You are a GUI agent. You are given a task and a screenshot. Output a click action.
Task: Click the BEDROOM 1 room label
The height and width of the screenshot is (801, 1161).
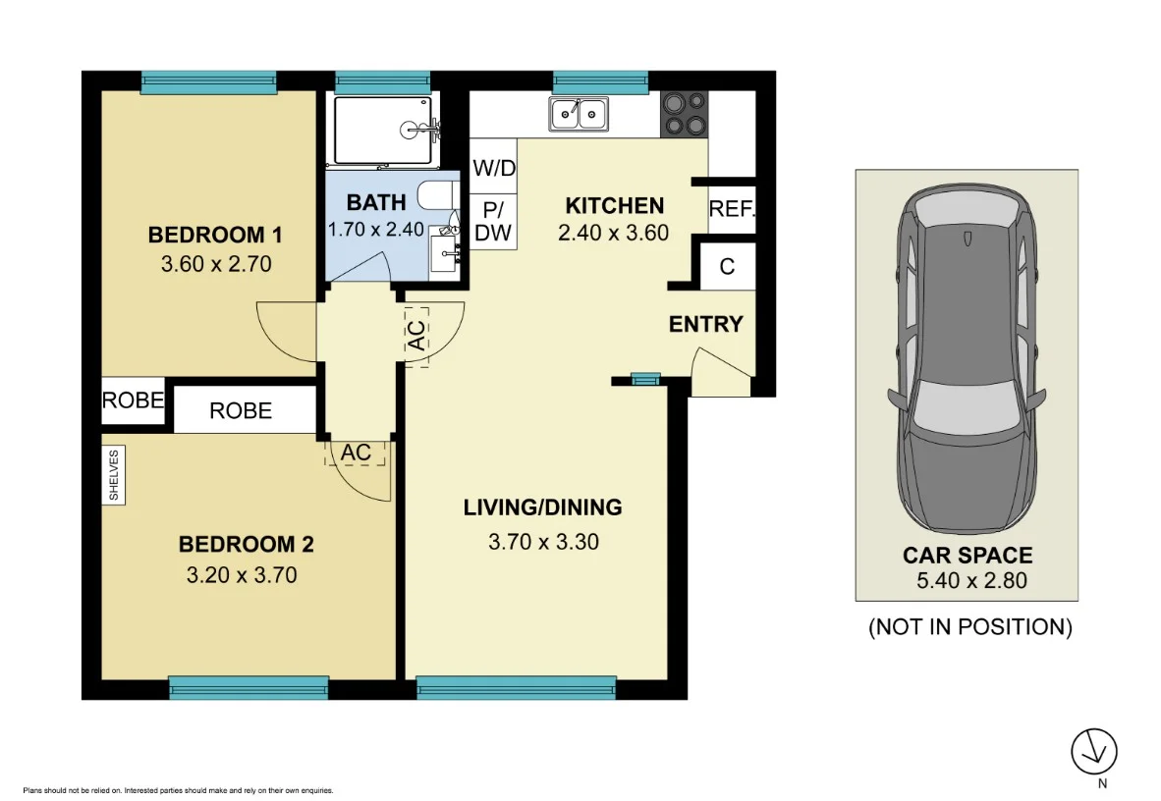[x=215, y=235]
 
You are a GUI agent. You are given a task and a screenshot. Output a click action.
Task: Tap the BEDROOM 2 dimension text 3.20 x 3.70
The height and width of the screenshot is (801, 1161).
[x=242, y=575]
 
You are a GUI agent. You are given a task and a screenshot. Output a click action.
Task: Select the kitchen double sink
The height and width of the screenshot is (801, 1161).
[x=579, y=114]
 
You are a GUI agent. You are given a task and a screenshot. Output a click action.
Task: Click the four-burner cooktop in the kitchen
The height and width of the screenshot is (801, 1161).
[x=685, y=114]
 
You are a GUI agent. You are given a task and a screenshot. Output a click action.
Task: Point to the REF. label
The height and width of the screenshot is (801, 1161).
[x=732, y=209]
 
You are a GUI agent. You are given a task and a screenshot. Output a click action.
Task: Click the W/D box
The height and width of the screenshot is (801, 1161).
[x=494, y=167]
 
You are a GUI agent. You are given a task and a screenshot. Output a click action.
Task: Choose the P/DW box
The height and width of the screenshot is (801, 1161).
[x=493, y=221]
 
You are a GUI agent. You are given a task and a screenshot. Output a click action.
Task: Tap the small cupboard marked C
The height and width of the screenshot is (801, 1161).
[x=727, y=266]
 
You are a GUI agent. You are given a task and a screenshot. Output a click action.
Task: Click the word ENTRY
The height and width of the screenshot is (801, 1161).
[x=705, y=324]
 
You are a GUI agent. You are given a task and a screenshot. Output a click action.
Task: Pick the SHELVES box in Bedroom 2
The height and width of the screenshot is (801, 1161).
[x=113, y=475]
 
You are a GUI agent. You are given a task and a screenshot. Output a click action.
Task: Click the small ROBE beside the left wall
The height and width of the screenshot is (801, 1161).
[x=133, y=400]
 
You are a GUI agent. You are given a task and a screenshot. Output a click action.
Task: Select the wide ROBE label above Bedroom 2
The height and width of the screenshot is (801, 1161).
[x=241, y=411]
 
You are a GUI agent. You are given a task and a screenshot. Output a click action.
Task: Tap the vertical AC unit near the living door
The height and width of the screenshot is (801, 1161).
[x=417, y=336]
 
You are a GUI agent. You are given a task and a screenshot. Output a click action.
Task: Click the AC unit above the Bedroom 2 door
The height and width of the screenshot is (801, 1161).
[x=356, y=453]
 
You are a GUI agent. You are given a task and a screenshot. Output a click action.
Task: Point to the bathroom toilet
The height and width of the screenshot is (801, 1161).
[x=438, y=196]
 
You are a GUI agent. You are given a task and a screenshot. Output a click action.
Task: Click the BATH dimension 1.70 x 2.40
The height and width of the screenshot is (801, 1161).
[x=376, y=230]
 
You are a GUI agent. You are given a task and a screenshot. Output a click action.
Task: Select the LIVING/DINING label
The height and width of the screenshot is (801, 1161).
[x=543, y=507]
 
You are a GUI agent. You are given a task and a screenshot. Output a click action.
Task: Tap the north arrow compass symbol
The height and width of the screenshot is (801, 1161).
[x=1094, y=751]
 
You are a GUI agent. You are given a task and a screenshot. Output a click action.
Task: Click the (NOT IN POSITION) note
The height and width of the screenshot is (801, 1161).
[x=970, y=627]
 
